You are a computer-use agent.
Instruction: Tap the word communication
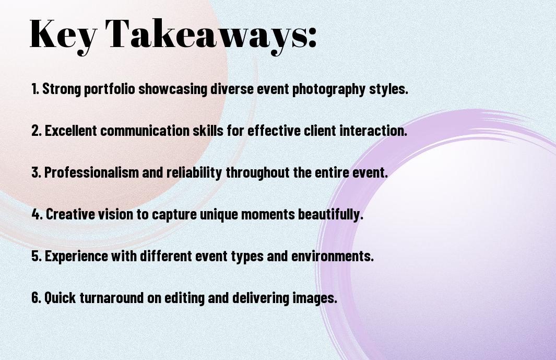145,130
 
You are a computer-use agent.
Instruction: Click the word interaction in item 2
373,130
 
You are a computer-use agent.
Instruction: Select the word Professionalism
91,172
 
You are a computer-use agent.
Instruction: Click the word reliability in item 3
194,172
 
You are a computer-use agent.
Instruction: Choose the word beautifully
330,214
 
